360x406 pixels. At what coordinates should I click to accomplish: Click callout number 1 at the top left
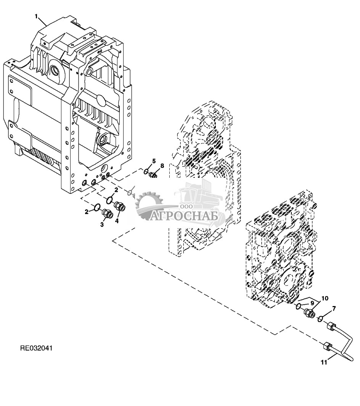tap(37, 16)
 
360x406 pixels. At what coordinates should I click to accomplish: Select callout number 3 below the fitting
tap(102, 225)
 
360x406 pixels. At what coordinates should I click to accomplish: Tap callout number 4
tap(117, 221)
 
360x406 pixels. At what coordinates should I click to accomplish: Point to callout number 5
tap(154, 161)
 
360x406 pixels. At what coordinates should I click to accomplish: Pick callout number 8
tap(162, 166)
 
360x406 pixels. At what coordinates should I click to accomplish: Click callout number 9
tap(312, 303)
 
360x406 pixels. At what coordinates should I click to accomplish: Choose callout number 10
tap(325, 298)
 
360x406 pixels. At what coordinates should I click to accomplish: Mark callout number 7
tap(334, 309)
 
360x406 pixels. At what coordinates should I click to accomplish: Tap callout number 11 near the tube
tap(324, 363)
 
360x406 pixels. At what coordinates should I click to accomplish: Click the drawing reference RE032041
tap(36, 348)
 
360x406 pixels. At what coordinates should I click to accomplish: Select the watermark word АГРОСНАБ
tap(184, 216)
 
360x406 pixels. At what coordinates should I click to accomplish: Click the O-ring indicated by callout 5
tap(146, 171)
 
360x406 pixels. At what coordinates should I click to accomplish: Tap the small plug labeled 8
tap(153, 175)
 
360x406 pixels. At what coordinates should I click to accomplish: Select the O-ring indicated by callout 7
tap(320, 318)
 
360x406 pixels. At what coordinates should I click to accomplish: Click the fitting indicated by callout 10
tap(309, 313)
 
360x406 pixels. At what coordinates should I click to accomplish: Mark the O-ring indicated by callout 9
tap(298, 306)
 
